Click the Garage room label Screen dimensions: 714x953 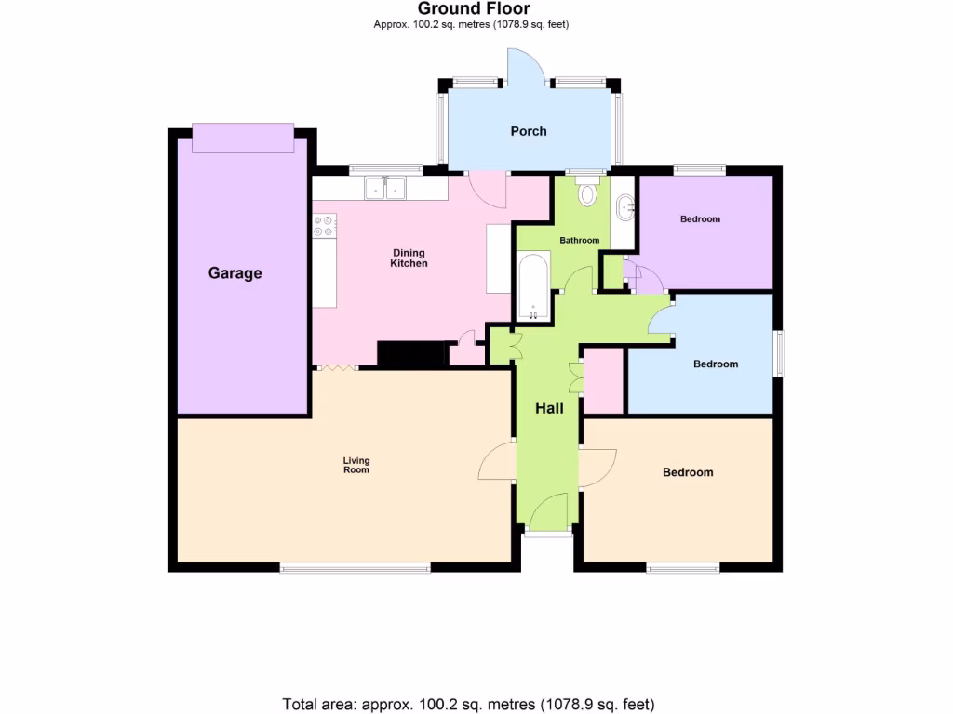point(235,273)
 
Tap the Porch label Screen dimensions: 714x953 point(529,131)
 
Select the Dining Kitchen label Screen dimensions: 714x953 point(409,258)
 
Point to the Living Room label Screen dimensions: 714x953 point(356,465)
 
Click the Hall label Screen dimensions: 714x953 point(549,407)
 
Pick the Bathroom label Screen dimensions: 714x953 point(579,241)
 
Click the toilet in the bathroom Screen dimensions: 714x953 point(587,192)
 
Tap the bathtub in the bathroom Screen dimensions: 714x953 point(532,283)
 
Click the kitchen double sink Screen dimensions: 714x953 point(384,188)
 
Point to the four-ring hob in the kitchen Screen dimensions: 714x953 point(324,225)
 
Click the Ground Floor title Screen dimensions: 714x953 point(474,9)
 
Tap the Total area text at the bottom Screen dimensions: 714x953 point(469,703)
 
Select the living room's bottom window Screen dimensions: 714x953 point(356,566)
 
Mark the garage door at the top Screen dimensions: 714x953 point(242,138)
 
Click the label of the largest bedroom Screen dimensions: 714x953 point(688,472)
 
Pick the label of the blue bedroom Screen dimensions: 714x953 point(716,364)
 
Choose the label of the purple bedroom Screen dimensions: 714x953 point(700,219)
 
